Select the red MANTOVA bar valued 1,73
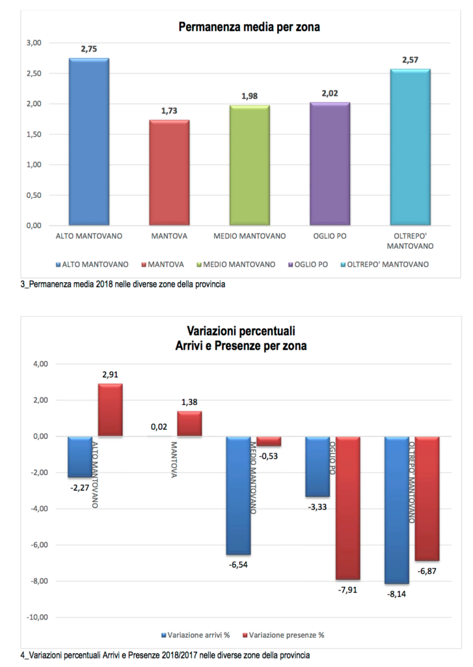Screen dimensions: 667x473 click(169, 173)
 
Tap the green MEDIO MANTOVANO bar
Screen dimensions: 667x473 click(250, 165)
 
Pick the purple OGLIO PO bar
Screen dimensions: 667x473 click(330, 164)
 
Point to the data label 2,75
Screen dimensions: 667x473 click(89, 49)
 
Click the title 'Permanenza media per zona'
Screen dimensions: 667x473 click(249, 27)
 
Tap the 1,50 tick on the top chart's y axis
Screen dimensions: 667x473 click(32, 134)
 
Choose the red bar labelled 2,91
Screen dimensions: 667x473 click(110, 410)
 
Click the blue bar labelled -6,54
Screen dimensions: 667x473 click(238, 495)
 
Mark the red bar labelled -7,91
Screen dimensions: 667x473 click(347, 507)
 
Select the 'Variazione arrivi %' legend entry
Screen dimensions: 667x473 click(195, 634)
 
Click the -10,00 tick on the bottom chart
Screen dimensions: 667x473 click(31, 617)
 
